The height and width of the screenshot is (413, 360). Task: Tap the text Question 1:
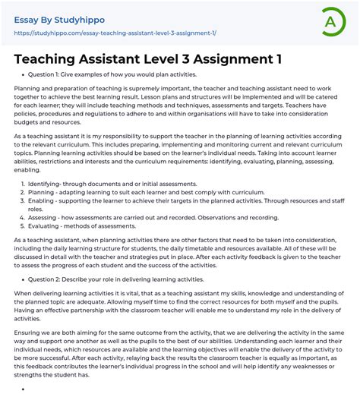pyautogui.click(x=43, y=74)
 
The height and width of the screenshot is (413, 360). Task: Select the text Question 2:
pyautogui.click(x=43, y=279)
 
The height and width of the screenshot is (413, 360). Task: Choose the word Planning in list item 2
pyautogui.click(x=43, y=192)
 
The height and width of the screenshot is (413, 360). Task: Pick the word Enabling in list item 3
pyautogui.click(x=42, y=200)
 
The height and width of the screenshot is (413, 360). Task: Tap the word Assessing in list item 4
pyautogui.click(x=44, y=216)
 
